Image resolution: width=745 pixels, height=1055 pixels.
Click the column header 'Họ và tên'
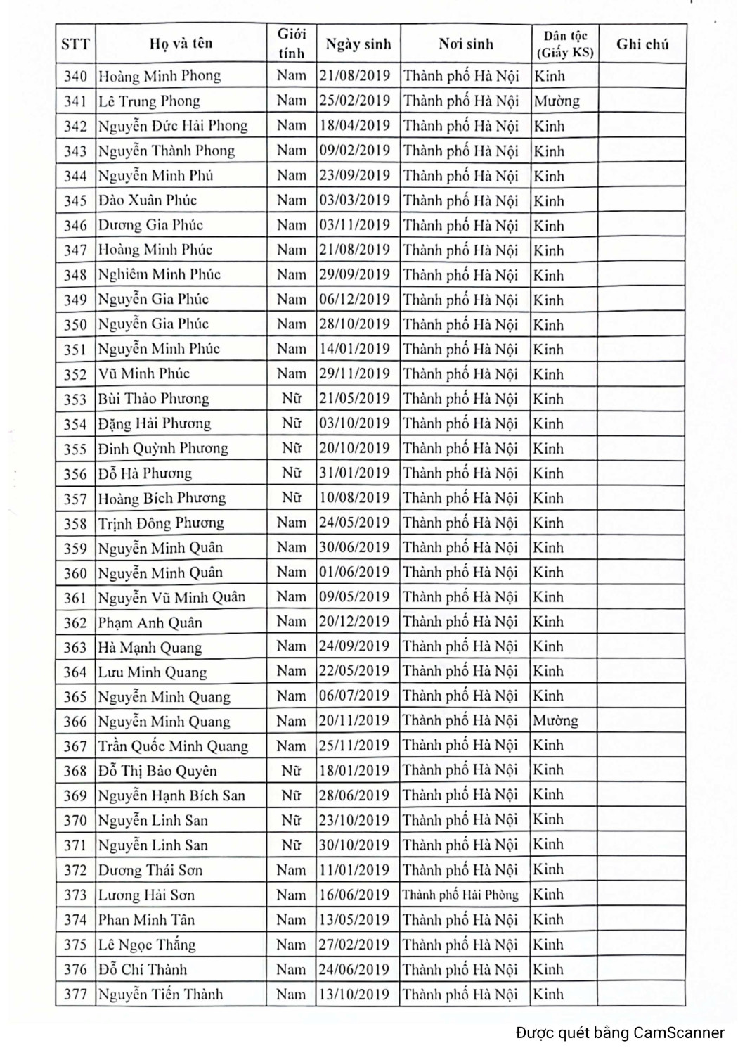(181, 44)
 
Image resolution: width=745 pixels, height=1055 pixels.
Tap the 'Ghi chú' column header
(642, 44)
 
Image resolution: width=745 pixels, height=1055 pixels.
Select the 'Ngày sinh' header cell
(358, 44)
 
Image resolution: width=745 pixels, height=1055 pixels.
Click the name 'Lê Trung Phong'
(149, 101)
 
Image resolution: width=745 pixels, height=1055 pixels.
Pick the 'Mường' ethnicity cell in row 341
(557, 101)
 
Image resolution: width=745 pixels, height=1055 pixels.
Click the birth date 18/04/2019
(354, 125)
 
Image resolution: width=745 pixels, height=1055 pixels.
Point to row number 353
(75, 399)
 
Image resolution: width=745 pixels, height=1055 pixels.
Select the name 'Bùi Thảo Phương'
(153, 399)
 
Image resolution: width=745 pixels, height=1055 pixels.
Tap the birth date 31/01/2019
(354, 473)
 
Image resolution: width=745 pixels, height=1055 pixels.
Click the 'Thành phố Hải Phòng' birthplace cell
(460, 895)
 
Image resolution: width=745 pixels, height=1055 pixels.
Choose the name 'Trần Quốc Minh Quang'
(173, 746)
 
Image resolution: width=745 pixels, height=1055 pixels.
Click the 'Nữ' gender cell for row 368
(291, 771)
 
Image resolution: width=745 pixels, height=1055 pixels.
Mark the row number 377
(75, 995)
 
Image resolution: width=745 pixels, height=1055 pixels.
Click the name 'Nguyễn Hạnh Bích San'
(171, 795)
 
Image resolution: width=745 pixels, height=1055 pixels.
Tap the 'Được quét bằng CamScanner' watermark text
(620, 1032)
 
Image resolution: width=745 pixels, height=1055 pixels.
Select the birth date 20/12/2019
(354, 622)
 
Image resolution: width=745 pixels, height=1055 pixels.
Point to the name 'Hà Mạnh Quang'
(150, 647)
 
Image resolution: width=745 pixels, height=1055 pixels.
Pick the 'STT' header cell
(75, 44)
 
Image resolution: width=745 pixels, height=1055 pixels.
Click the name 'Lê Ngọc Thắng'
(146, 945)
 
